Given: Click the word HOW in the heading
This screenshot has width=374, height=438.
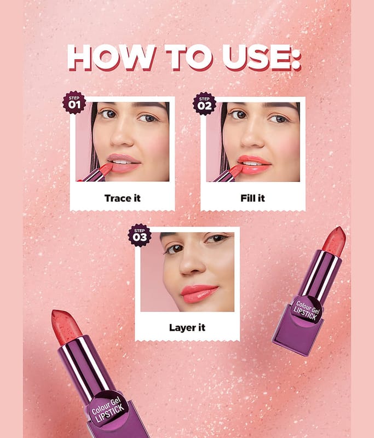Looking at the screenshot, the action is pyautogui.click(x=112, y=57).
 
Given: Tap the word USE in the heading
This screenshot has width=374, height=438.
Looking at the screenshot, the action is pyautogui.click(x=254, y=57).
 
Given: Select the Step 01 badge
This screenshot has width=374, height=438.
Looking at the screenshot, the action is pyautogui.click(x=74, y=102).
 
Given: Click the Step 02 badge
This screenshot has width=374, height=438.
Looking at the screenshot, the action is pyautogui.click(x=204, y=103).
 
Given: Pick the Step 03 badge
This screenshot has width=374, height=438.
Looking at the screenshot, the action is pyautogui.click(x=140, y=235).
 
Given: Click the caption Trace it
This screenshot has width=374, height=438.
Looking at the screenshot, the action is pyautogui.click(x=122, y=198).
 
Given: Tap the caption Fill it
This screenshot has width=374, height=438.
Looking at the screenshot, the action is pyautogui.click(x=252, y=198).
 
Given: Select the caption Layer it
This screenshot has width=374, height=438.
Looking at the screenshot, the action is pyautogui.click(x=187, y=327).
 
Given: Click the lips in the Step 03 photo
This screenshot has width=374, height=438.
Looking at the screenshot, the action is pyautogui.click(x=199, y=293).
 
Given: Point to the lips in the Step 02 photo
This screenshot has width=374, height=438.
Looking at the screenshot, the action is pyautogui.click(x=254, y=165).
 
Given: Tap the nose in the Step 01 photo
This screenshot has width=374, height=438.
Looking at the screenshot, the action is pyautogui.click(x=122, y=137).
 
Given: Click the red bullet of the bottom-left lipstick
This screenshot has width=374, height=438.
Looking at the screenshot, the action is pyautogui.click(x=66, y=326).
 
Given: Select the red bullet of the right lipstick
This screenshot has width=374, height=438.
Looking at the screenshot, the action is pyautogui.click(x=335, y=241).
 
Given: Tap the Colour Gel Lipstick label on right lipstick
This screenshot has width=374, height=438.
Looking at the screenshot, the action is pyautogui.click(x=306, y=309).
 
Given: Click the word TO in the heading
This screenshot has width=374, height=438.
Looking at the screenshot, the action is pyautogui.click(x=189, y=57).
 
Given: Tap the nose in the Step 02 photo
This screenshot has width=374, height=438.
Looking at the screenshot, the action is pyautogui.click(x=252, y=137).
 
